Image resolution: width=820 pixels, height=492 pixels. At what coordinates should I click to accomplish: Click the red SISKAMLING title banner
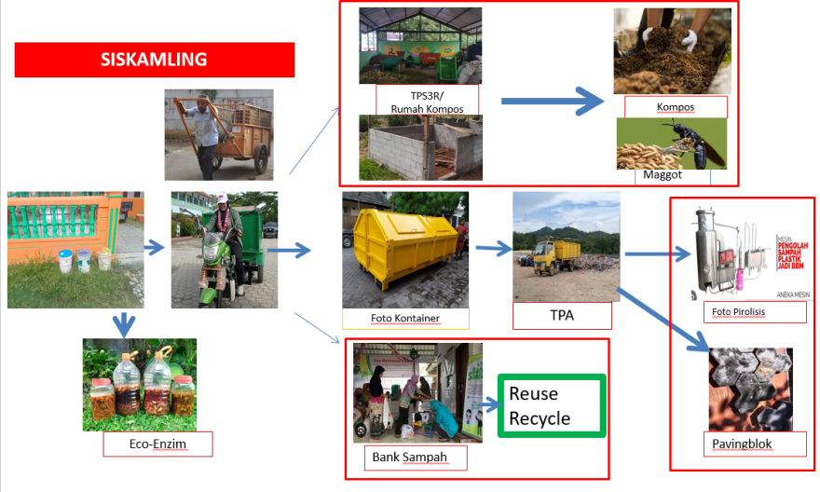click(155, 60)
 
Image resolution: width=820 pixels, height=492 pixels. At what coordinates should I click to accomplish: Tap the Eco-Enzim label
click(158, 444)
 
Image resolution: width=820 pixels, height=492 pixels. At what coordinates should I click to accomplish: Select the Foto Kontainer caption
click(404, 318)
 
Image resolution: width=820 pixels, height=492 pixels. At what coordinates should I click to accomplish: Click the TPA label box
click(562, 315)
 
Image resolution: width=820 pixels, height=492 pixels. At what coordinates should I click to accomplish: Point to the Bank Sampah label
click(409, 457)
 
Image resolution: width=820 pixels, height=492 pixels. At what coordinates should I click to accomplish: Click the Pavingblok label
click(742, 444)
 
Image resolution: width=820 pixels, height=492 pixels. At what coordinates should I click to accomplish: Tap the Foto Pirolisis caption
click(737, 312)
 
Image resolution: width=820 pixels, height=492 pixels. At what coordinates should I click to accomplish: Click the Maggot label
click(663, 174)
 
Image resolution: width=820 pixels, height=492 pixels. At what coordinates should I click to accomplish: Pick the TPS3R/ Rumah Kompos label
click(427, 102)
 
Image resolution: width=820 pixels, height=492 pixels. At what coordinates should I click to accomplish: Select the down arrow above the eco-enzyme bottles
click(123, 323)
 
